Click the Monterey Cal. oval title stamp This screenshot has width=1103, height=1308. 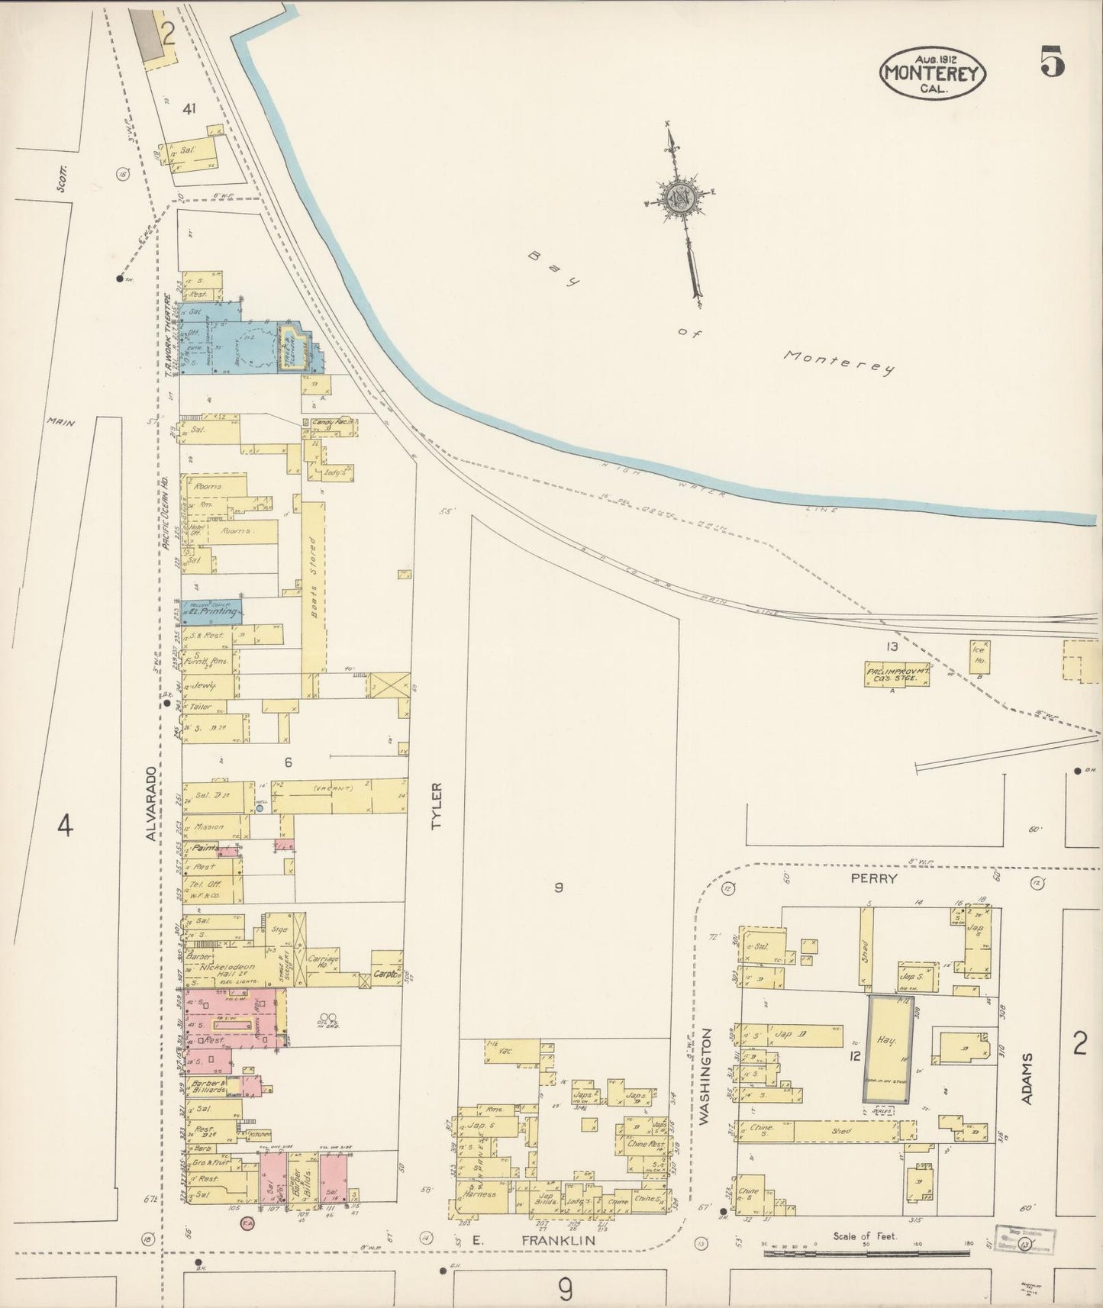(x=934, y=72)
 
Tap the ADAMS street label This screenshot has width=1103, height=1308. (x=1028, y=1078)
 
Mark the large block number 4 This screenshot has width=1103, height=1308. (x=66, y=825)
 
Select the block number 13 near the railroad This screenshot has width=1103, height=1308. (x=891, y=647)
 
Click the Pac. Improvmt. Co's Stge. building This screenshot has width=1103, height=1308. (x=897, y=674)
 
